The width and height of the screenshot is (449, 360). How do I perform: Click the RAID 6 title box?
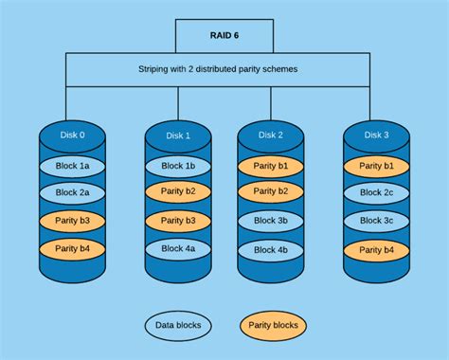(x=224, y=35)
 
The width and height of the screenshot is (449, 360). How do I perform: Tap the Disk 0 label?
(x=71, y=135)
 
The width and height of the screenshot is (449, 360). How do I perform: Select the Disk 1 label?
(x=178, y=135)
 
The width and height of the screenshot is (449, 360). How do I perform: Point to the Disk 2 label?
(x=270, y=135)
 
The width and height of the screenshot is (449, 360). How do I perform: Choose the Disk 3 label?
(x=375, y=135)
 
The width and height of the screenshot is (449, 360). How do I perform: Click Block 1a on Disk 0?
(x=72, y=166)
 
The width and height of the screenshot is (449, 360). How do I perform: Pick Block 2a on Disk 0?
(x=72, y=193)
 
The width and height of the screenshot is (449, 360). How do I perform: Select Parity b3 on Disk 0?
(x=72, y=222)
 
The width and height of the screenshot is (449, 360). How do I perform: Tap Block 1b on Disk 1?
(x=178, y=166)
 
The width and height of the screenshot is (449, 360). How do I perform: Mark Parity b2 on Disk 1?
(x=178, y=193)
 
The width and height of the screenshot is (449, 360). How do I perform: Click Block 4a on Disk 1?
(x=178, y=248)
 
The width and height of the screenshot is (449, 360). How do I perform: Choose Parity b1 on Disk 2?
(x=270, y=165)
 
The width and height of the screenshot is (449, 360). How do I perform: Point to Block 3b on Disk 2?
(x=270, y=220)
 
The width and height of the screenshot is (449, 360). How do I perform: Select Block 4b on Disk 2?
(x=270, y=250)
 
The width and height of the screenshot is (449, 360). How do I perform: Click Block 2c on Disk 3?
(x=375, y=193)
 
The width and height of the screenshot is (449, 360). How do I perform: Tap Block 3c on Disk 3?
(x=375, y=222)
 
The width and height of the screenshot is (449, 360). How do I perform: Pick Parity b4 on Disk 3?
(x=375, y=249)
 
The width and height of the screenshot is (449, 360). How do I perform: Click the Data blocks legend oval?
(x=178, y=326)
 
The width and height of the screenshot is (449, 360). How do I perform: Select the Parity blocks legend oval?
(x=274, y=326)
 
